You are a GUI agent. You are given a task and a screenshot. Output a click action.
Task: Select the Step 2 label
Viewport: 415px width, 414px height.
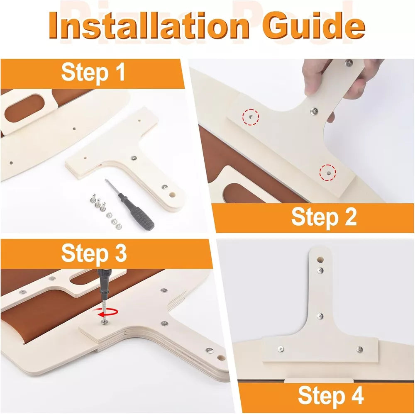(324, 217)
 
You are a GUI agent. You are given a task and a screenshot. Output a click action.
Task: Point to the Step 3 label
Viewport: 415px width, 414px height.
(94, 253)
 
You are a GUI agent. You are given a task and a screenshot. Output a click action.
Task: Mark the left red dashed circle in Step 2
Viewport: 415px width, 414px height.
(250, 117)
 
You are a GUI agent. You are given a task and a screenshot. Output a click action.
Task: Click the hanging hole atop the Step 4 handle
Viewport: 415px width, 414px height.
(320, 260)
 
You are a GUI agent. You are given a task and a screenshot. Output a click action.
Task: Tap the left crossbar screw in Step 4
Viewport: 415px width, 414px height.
(281, 349)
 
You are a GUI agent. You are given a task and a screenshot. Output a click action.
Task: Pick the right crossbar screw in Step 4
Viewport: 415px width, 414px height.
(359, 349)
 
